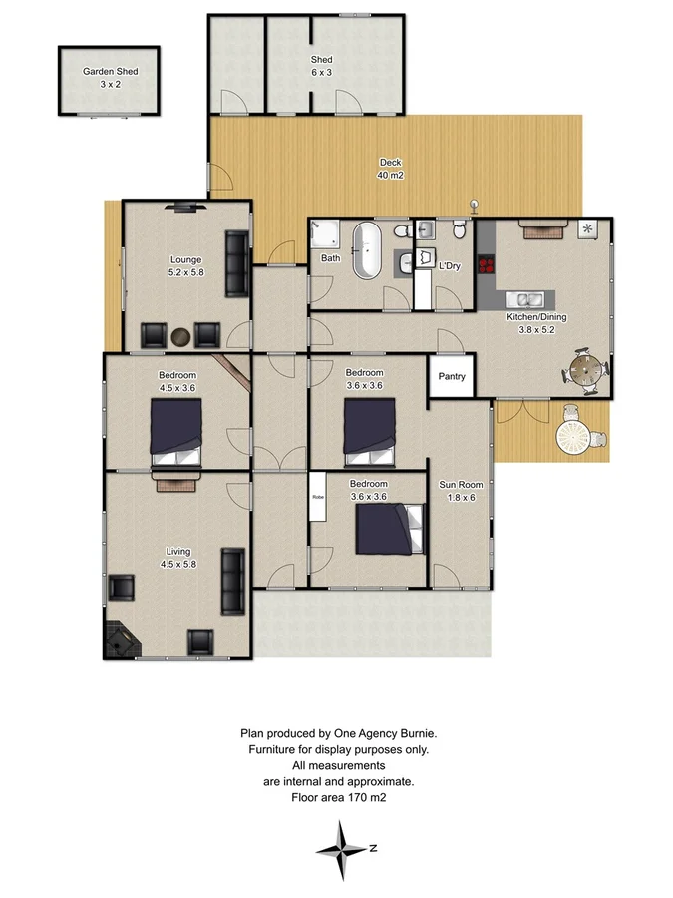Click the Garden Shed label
point(110,78)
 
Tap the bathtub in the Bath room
point(367,251)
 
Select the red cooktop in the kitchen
point(487,265)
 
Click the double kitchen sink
point(522,298)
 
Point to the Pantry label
point(452,378)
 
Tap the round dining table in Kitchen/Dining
point(585,371)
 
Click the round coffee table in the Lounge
point(180,336)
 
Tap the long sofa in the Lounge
point(237,263)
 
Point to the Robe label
point(318,496)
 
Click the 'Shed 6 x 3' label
point(320,66)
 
